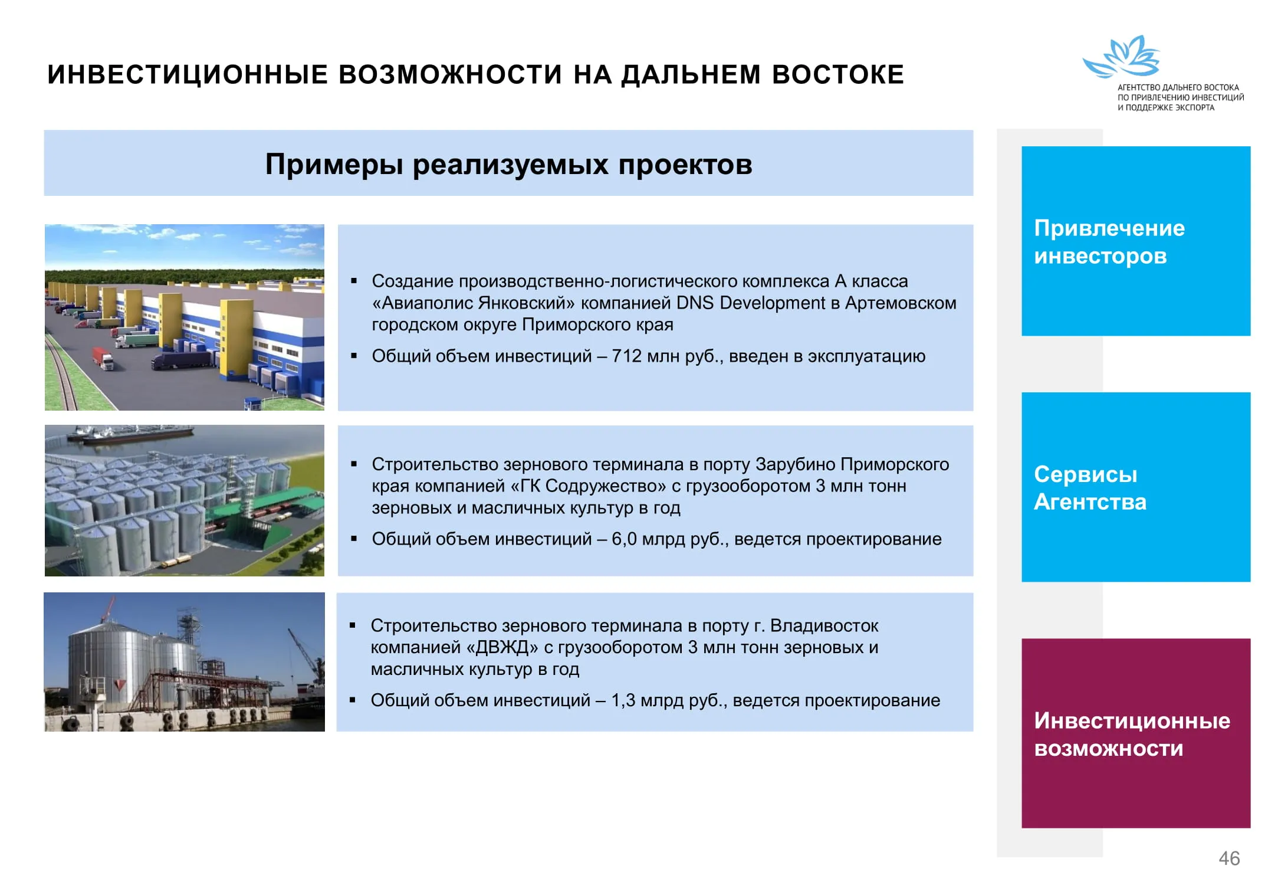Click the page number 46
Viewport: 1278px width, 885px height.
(x=1229, y=858)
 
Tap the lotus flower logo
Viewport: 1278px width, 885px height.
(x=1121, y=57)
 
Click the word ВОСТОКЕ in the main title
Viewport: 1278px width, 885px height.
(x=837, y=74)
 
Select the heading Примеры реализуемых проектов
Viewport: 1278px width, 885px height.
(x=508, y=164)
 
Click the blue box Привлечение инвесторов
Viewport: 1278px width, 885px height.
(x=1136, y=241)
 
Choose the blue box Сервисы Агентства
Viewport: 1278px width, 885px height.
(x=1136, y=487)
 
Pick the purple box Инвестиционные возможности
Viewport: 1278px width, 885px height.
(x=1136, y=733)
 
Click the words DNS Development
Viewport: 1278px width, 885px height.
(x=751, y=303)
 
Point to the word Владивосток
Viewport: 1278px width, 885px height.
(x=824, y=625)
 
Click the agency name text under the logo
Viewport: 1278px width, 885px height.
(x=1180, y=97)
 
